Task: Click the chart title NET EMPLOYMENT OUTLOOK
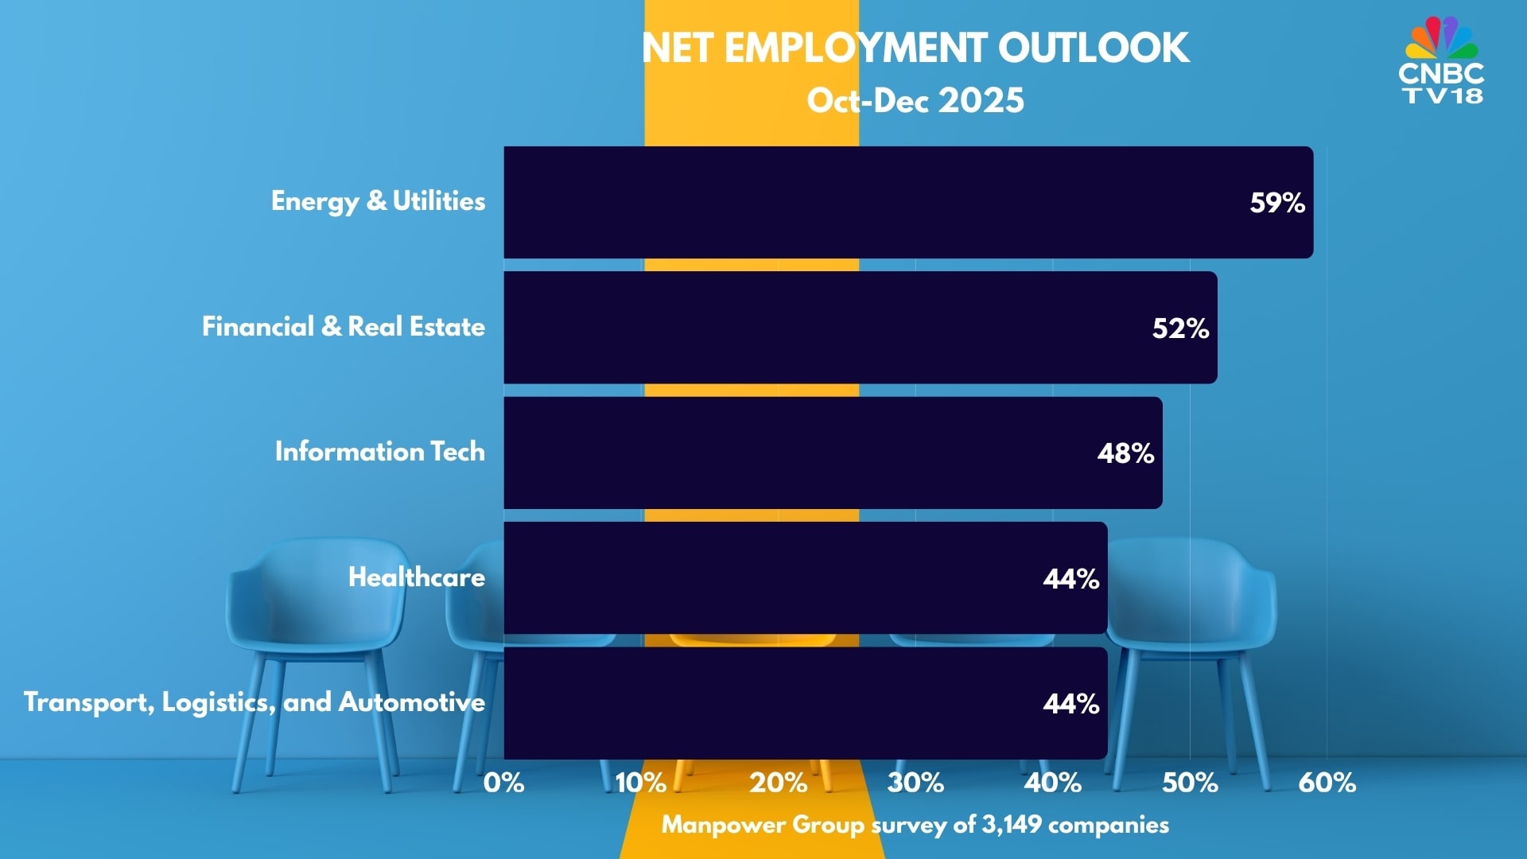click(x=915, y=49)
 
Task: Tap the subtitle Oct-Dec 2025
click(x=915, y=101)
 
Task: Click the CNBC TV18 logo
click(x=1441, y=62)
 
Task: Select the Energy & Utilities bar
click(x=875, y=202)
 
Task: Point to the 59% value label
click(x=1277, y=203)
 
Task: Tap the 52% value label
click(x=1180, y=328)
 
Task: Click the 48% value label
click(x=1125, y=453)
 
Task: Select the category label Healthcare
click(x=417, y=577)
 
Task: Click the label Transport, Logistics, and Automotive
click(x=254, y=702)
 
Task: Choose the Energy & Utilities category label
click(x=378, y=201)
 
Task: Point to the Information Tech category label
click(x=379, y=452)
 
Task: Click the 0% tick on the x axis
click(x=504, y=783)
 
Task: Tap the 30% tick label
click(x=915, y=783)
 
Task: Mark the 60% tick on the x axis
click(x=1327, y=783)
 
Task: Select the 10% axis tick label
click(x=641, y=783)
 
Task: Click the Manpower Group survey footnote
click(x=915, y=825)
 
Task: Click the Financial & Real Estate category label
click(x=344, y=327)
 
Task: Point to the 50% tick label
click(x=1190, y=783)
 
